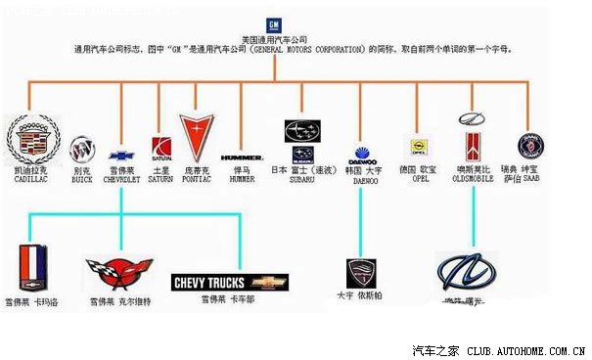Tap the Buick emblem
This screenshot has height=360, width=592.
(83, 151)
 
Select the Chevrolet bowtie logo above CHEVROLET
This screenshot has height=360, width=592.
(121, 156)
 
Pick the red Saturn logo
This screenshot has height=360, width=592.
(161, 148)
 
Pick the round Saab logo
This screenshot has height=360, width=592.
(530, 146)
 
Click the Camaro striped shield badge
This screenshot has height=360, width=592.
(33, 265)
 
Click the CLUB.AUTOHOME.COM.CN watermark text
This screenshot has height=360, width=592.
(525, 349)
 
